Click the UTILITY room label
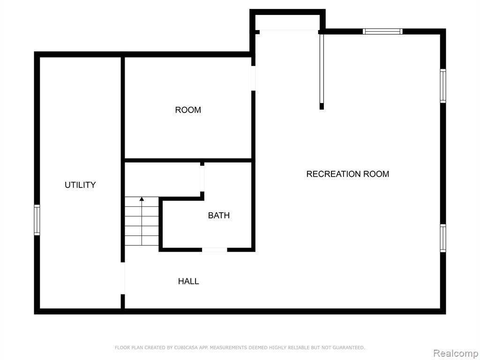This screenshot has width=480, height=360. pos(80,185)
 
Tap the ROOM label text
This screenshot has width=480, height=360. pos(188,110)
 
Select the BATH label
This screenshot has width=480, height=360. pos(219,216)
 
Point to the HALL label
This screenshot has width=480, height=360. pos(188,281)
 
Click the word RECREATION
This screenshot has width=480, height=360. pos(334,174)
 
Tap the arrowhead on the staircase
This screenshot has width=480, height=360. pos(142,199)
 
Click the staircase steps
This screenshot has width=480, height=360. pos(142,221)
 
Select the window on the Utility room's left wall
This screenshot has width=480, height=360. pos(37,220)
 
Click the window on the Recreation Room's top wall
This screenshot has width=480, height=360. pos(382,31)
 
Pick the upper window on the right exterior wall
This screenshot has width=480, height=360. pos(443,86)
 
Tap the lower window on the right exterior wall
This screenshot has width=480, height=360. pos(443,238)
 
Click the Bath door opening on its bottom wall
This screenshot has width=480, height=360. pos(215,250)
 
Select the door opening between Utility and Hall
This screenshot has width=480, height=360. pos(123,278)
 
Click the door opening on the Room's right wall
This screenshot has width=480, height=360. pos(253,78)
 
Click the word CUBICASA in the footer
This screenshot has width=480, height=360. pos(185,348)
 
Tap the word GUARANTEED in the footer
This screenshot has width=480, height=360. pos(349,348)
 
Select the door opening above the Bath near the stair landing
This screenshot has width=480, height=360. pos(202,179)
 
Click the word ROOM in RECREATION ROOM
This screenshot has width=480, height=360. pos(376,174)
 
